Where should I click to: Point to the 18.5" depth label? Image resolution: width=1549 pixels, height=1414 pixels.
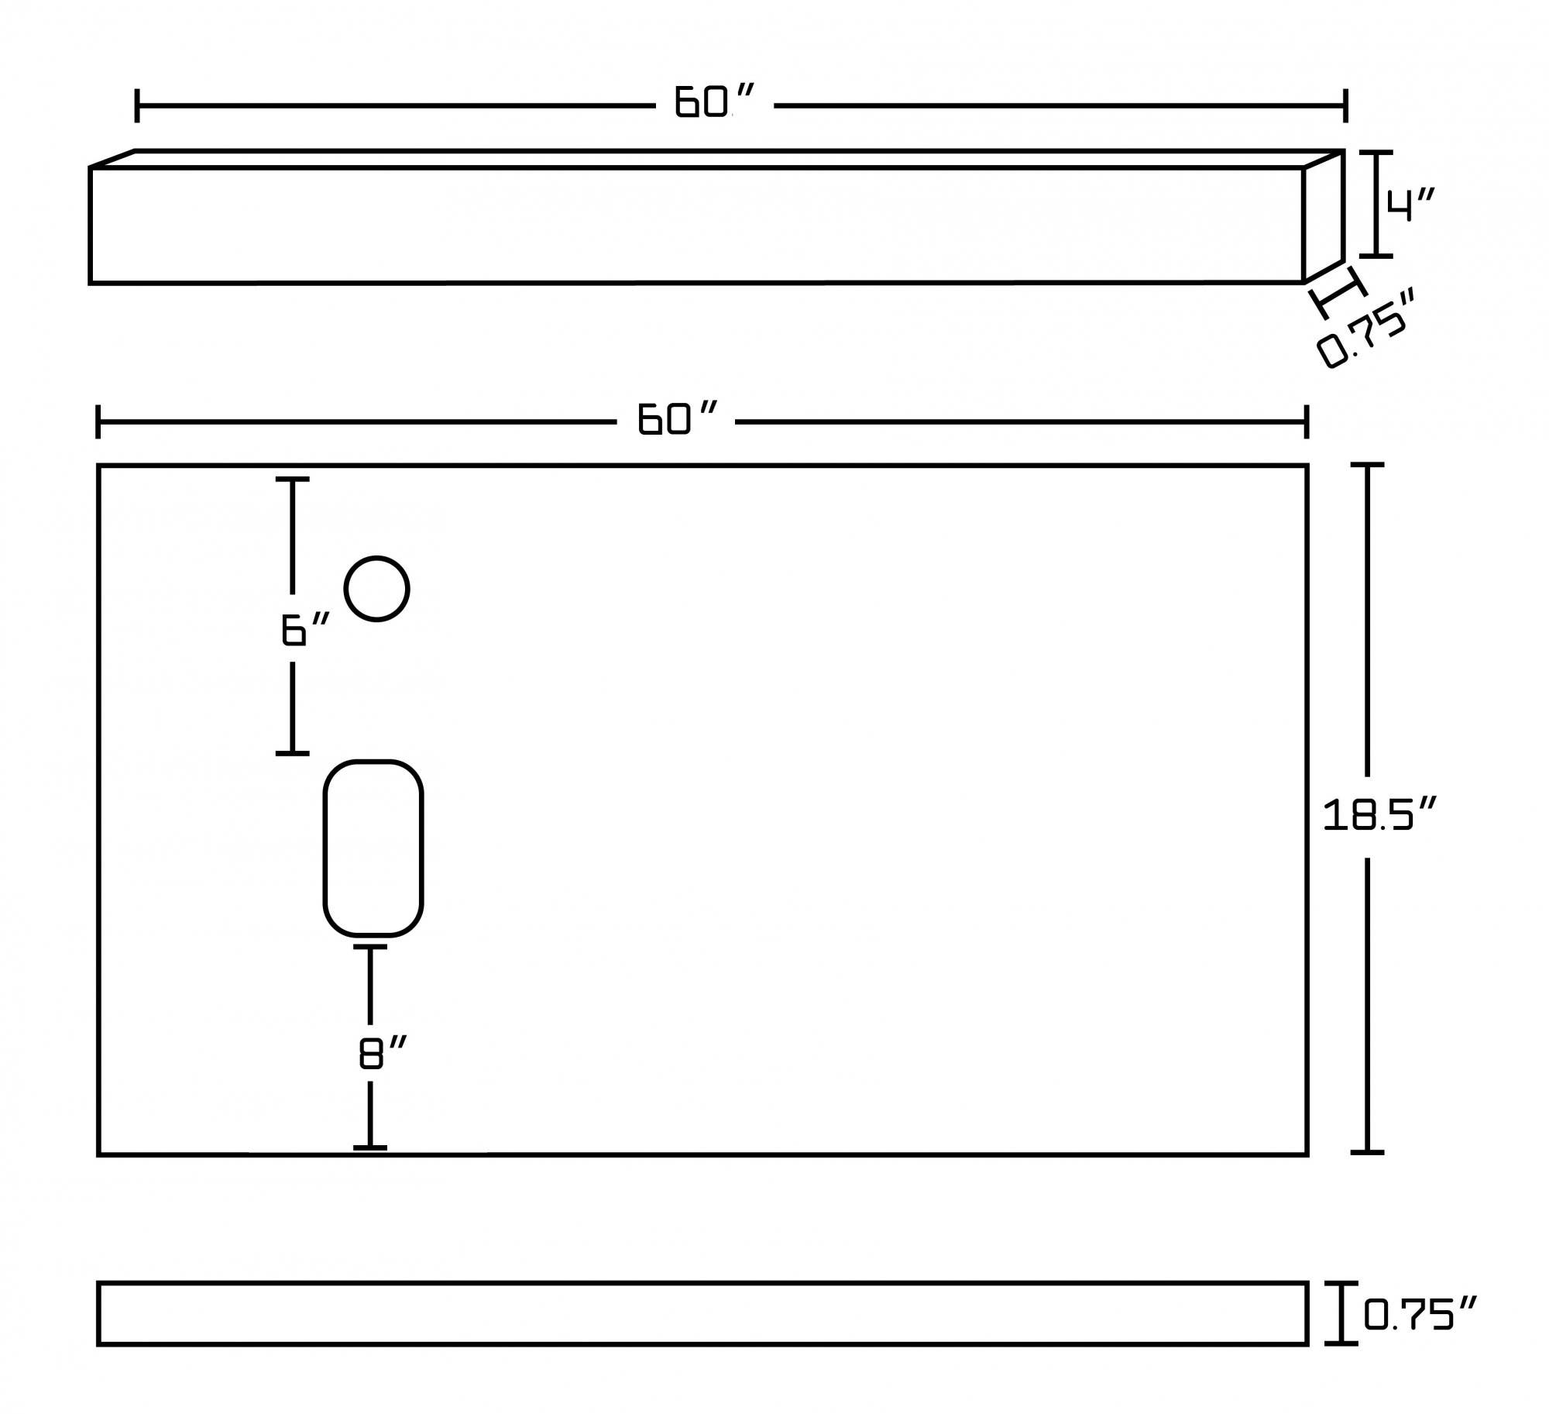[x=1379, y=815]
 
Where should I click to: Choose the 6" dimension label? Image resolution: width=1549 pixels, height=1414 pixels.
[x=305, y=628]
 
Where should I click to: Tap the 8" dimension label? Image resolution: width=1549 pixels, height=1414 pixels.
[x=383, y=1053]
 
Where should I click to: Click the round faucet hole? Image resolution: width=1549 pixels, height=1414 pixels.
[x=376, y=589]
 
